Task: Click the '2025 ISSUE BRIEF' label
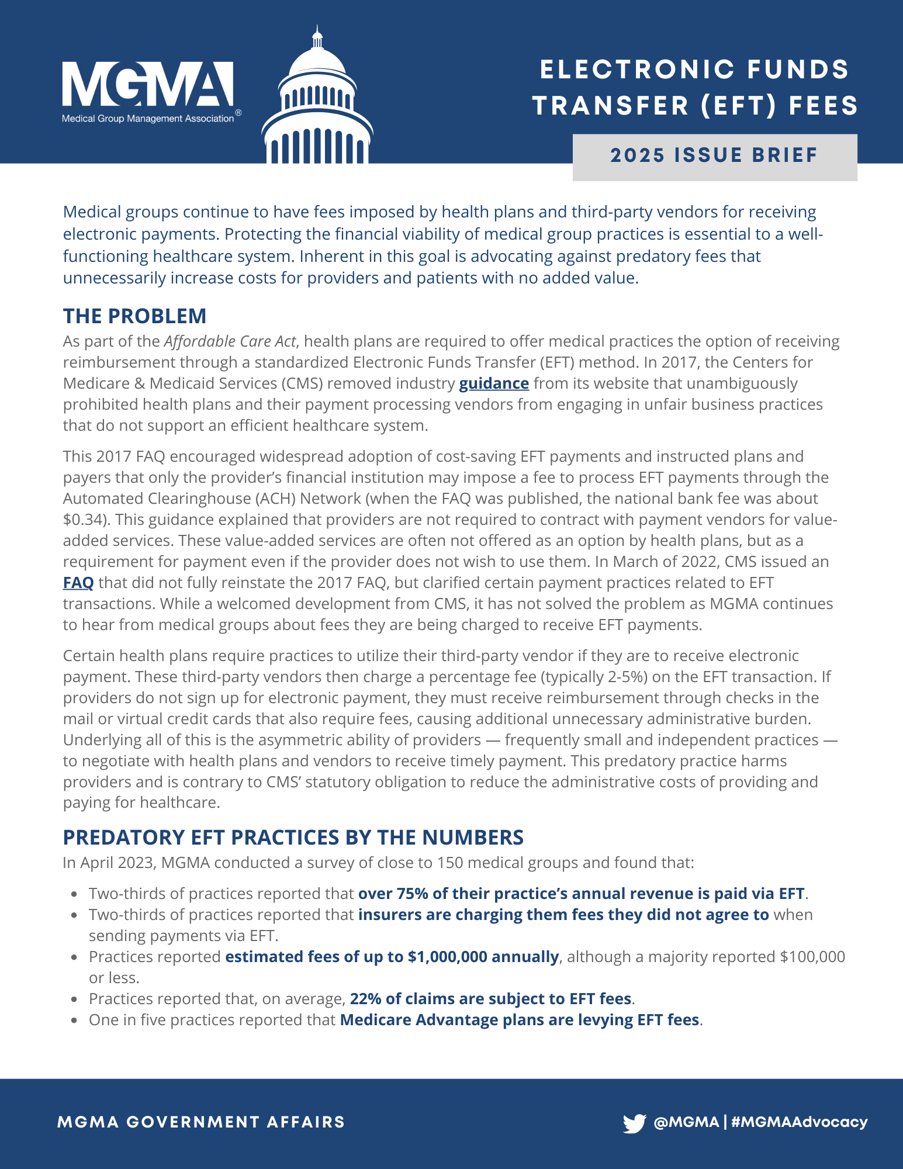[714, 155]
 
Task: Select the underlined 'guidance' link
[494, 383]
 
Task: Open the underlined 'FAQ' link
[78, 583]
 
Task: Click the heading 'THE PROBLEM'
[134, 316]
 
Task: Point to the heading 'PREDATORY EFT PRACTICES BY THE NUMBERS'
[293, 837]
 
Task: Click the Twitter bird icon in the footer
[634, 1123]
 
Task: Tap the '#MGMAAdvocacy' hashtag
[799, 1122]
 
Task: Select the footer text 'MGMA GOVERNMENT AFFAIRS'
[201, 1122]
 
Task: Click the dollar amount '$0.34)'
[84, 520]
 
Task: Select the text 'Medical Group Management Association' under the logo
[148, 119]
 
